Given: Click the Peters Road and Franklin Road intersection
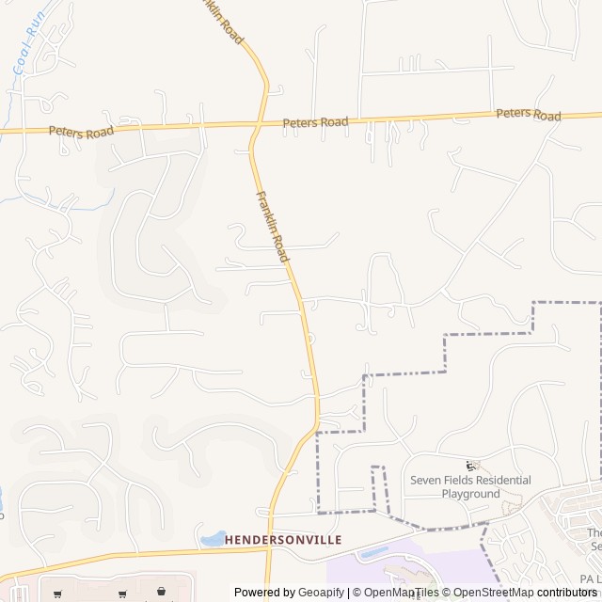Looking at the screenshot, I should tap(258, 123).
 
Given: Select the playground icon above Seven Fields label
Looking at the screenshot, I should tap(471, 466).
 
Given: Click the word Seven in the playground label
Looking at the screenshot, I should tap(426, 481).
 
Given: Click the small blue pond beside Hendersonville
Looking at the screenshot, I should tap(213, 539).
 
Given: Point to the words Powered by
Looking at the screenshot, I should tap(264, 593).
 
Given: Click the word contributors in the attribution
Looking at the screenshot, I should tap(567, 593).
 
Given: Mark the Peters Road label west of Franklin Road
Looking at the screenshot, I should tap(81, 132).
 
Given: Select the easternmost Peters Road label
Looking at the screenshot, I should tap(529, 114).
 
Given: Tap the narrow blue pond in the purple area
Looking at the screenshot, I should tap(375, 552).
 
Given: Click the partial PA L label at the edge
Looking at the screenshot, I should tap(591, 578).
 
